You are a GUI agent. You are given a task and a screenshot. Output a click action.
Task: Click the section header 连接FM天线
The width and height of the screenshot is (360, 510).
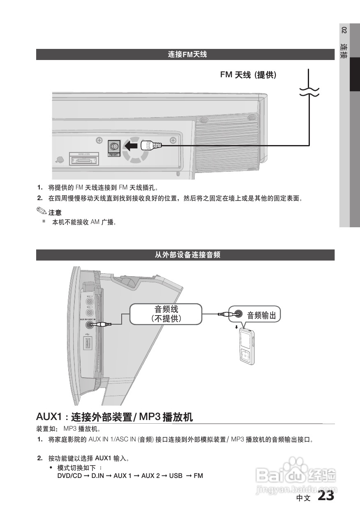[185, 54]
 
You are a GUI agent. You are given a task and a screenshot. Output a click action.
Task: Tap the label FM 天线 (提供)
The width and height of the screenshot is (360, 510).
[248, 75]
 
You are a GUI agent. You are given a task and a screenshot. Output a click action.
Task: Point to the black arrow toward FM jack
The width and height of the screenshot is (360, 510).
[131, 145]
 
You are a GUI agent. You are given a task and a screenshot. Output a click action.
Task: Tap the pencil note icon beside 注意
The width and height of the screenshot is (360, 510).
[42, 212]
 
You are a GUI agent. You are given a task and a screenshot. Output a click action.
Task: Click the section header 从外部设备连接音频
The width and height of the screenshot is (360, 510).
[185, 255]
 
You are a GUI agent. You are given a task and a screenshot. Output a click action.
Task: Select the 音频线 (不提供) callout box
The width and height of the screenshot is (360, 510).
[166, 314]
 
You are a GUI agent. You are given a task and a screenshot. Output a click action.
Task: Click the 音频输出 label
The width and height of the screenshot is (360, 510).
[263, 315]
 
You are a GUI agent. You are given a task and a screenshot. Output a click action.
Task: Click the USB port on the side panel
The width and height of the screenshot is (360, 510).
[88, 343]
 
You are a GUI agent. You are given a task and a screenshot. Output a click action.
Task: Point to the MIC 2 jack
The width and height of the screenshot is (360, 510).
[89, 301]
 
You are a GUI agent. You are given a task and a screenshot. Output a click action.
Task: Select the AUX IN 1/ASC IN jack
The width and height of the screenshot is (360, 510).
[89, 324]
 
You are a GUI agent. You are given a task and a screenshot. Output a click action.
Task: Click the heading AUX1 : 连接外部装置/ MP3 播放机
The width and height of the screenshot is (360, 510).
[114, 416]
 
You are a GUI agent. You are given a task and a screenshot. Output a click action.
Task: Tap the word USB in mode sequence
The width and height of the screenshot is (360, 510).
[175, 475]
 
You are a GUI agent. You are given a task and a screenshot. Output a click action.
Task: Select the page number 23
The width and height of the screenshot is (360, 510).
[326, 496]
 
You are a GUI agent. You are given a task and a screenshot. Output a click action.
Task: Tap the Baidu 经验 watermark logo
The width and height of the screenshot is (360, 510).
[296, 475]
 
